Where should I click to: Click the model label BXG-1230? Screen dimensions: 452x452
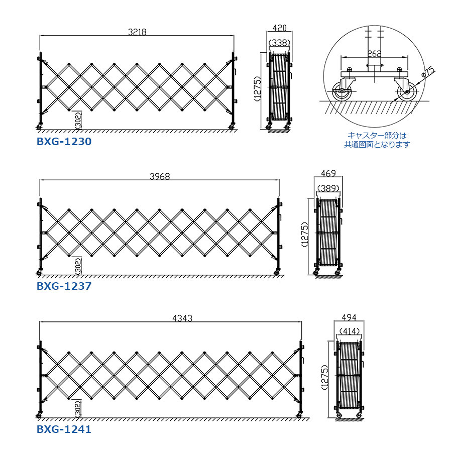(x=64, y=142)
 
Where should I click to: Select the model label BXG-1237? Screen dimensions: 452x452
(x=64, y=286)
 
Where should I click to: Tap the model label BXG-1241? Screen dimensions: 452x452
(x=64, y=429)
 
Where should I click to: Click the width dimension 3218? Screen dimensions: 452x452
(x=137, y=32)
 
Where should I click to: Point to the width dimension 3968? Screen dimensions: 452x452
(x=160, y=176)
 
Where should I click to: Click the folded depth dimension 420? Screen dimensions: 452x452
(x=279, y=29)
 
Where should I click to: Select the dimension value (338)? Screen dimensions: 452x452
(x=279, y=43)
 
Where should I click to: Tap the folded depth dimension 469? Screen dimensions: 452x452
(x=328, y=173)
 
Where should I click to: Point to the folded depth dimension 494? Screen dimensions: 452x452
(x=348, y=317)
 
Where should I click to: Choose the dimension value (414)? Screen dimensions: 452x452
(x=348, y=331)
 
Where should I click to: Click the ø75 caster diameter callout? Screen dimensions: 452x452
(x=427, y=73)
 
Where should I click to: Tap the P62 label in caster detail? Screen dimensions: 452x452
(x=374, y=52)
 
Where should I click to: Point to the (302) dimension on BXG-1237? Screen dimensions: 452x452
(x=78, y=265)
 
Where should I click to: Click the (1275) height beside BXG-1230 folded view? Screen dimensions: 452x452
(x=257, y=89)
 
